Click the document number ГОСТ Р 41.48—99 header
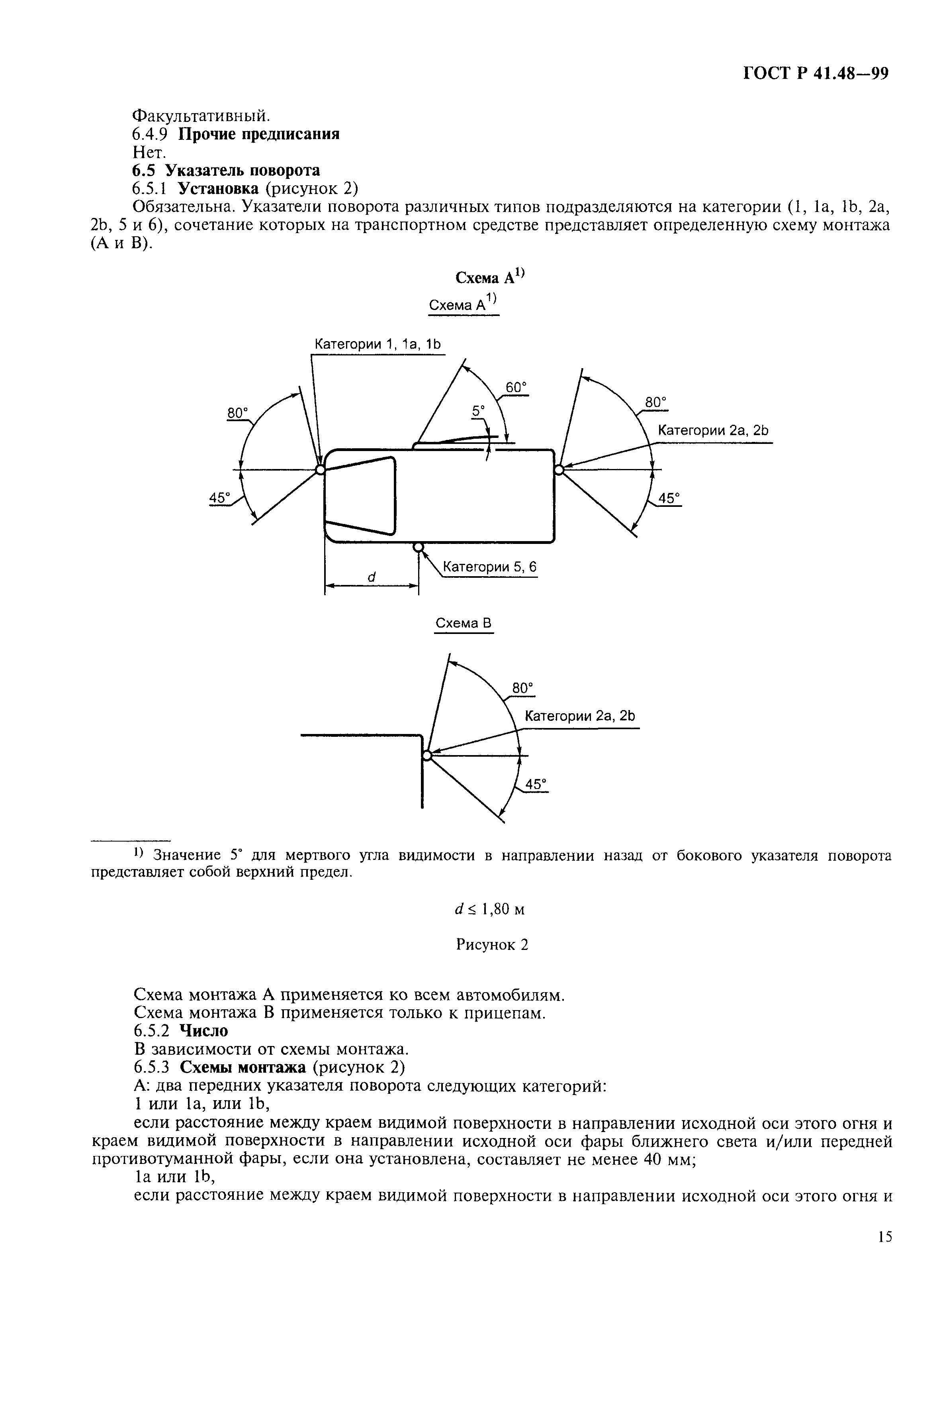[815, 74]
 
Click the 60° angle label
[516, 387]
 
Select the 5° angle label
[479, 411]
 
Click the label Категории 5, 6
[489, 567]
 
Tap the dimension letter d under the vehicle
[371, 577]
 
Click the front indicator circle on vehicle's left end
[320, 470]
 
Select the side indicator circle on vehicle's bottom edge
[419, 547]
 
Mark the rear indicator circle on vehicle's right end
[559, 470]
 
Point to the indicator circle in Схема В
[426, 755]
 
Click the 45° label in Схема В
[536, 784]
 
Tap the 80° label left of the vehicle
[237, 413]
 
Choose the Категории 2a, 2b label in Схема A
[712, 430]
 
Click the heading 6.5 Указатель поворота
[226, 171]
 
